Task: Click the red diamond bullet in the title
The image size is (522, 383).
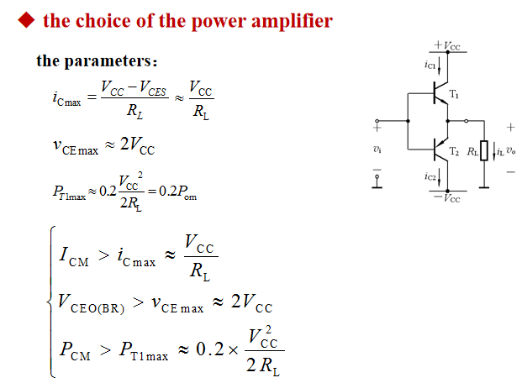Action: [28, 21]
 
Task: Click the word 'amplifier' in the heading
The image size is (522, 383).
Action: [293, 20]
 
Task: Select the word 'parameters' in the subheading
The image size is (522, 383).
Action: [108, 61]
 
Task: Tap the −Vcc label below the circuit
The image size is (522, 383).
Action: [447, 198]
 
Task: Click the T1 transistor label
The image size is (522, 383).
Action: [455, 94]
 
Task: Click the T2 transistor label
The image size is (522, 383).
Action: [455, 151]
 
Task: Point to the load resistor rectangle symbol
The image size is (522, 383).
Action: [484, 153]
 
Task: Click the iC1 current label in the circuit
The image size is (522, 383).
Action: [430, 65]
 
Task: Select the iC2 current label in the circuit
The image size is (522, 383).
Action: [430, 177]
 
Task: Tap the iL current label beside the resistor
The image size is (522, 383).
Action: [499, 152]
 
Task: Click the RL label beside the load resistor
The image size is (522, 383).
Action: [472, 152]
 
